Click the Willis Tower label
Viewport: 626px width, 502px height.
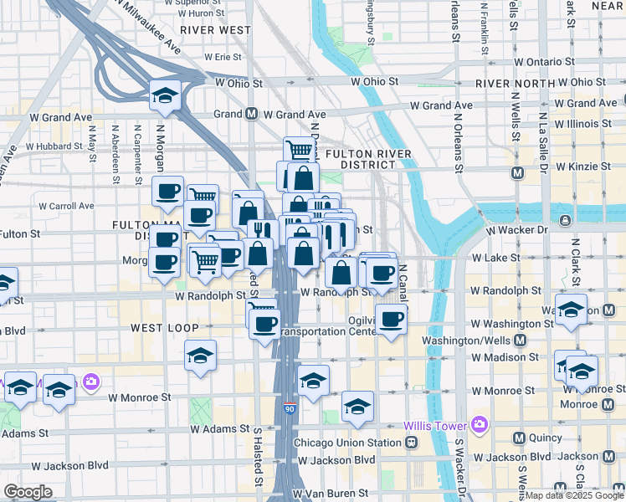click(x=434, y=425)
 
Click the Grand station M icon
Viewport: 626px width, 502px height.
click(x=251, y=114)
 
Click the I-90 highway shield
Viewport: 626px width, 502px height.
click(x=289, y=408)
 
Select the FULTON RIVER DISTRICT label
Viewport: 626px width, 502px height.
click(x=369, y=160)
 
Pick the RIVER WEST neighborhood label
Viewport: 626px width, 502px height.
click(x=215, y=29)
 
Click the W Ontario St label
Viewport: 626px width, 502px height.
click(x=546, y=62)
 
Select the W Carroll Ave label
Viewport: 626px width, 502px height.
click(x=66, y=206)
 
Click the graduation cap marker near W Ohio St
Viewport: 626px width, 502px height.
click(x=166, y=96)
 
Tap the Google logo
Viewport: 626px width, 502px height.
click(x=28, y=492)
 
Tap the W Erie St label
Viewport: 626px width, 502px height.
click(x=223, y=58)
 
